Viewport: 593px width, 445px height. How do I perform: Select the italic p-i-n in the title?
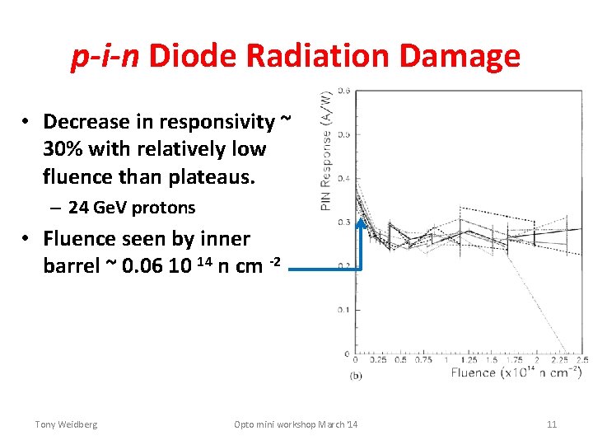click(x=105, y=56)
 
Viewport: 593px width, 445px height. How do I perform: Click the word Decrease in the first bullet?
click(x=87, y=122)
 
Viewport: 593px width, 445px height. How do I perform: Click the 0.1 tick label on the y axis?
click(x=343, y=311)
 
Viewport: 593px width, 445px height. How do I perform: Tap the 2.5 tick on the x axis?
click(x=581, y=360)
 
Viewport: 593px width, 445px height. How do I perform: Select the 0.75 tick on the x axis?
click(x=423, y=360)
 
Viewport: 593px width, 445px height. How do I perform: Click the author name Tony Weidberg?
click(x=66, y=424)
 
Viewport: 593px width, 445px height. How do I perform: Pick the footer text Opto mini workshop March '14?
click(x=296, y=424)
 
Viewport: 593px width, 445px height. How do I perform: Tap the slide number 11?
click(x=552, y=424)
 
